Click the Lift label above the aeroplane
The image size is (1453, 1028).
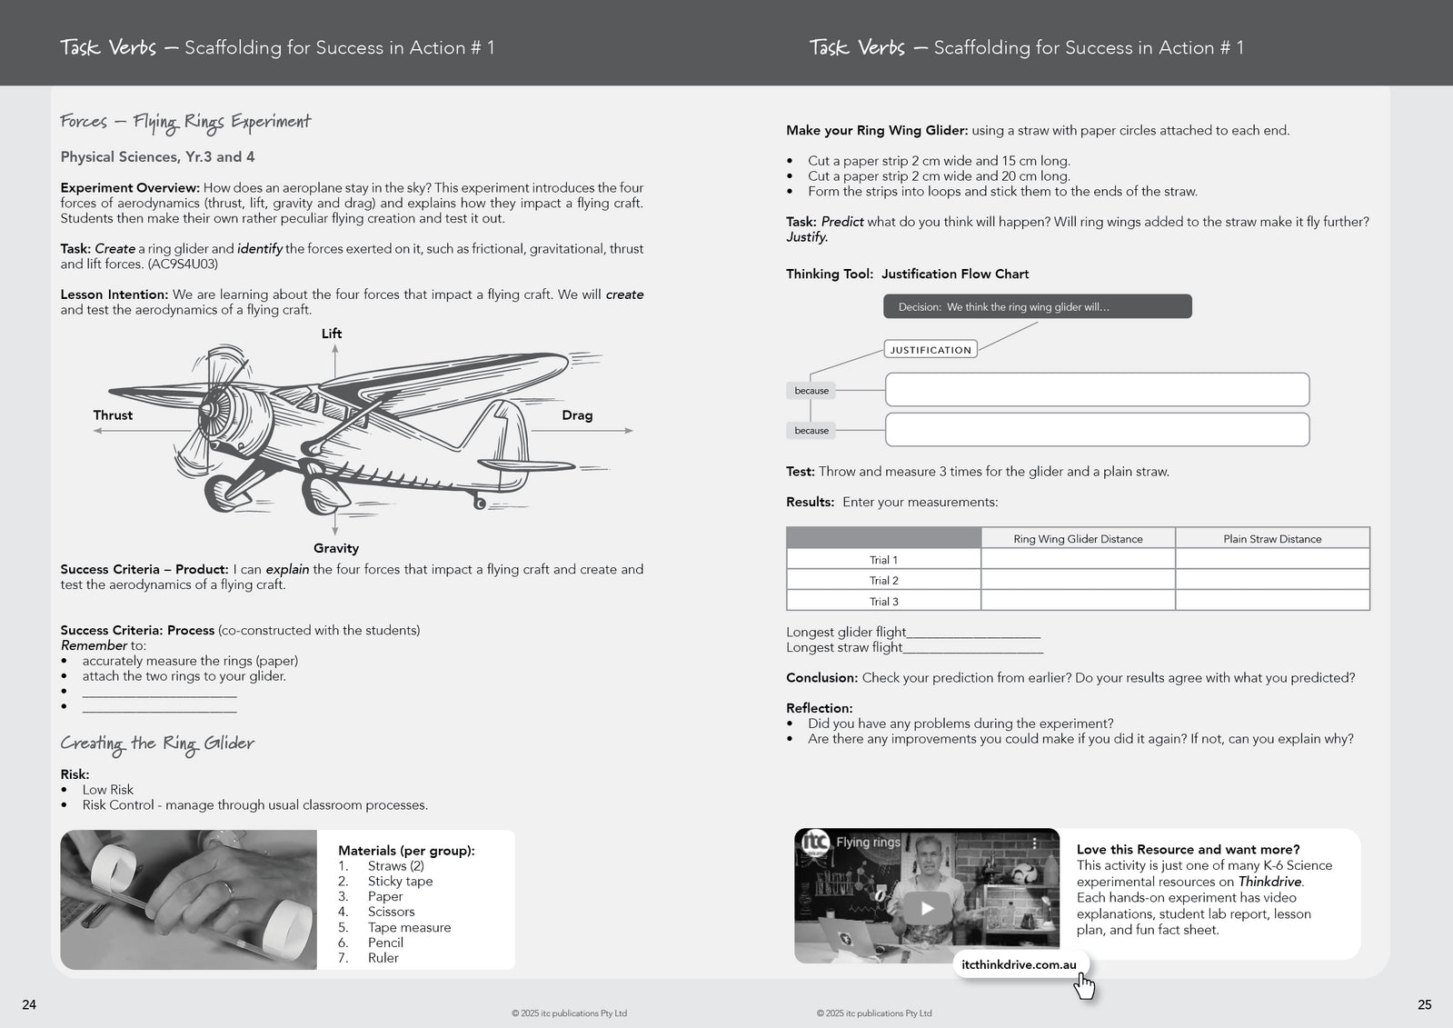coord(332,334)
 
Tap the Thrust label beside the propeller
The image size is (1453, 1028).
coord(113,415)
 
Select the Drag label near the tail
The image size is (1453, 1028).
coord(577,415)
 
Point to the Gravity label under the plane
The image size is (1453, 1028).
coord(336,548)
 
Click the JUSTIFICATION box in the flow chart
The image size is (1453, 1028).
coord(931,349)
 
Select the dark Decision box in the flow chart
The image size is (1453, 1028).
coord(1037,307)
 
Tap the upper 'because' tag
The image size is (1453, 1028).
coord(811,391)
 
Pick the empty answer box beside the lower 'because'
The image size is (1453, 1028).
coord(1097,430)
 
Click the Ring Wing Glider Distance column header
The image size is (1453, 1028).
coord(1078,539)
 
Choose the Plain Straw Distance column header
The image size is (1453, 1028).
coord(1272,539)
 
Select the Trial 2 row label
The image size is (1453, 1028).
coord(883,581)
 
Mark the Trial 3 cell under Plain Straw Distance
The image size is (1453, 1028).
coord(1272,601)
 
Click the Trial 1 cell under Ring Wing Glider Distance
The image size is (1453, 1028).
coord(1078,560)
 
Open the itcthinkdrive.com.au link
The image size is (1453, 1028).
coord(1019,965)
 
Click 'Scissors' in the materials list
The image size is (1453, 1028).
coord(391,912)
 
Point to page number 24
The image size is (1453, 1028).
coord(29,1004)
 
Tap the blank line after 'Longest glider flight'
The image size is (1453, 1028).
coord(973,634)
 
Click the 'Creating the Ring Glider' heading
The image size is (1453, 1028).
coord(157,744)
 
